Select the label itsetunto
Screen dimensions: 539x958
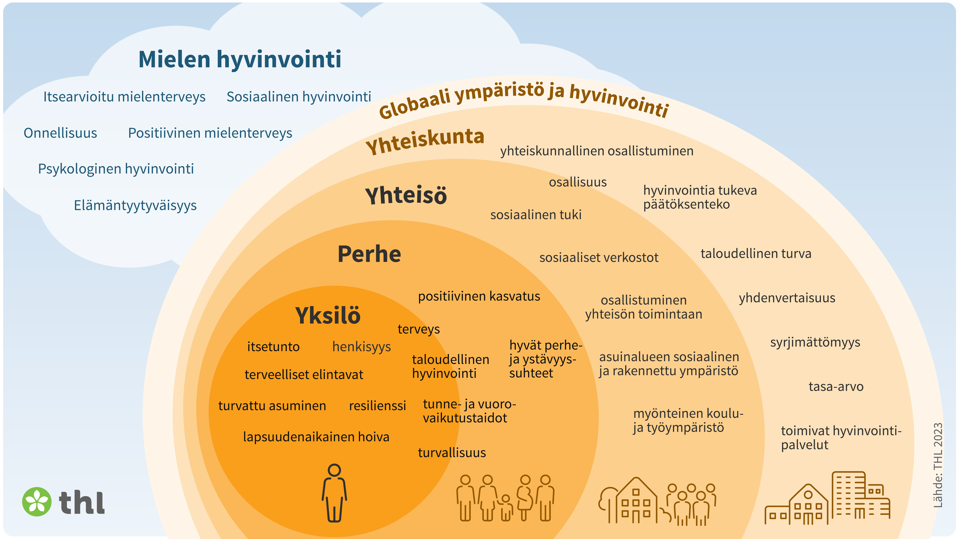(x=273, y=347)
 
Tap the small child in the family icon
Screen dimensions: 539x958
(x=505, y=507)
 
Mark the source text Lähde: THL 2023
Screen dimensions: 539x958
(x=938, y=465)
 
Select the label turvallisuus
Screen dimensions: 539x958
(x=452, y=453)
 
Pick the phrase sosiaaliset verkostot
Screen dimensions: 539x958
(x=599, y=257)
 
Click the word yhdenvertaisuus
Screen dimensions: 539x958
(x=787, y=298)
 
